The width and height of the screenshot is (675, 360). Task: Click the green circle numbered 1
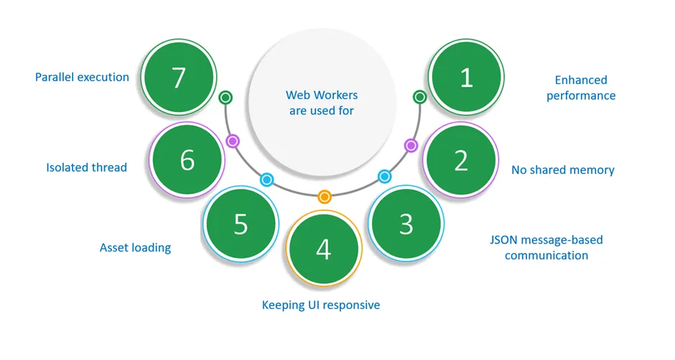pyautogui.click(x=466, y=78)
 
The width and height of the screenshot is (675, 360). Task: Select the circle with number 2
pyautogui.click(x=461, y=161)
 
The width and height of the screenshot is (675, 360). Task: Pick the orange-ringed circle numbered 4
pyautogui.click(x=324, y=249)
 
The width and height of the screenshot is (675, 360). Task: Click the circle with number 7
pyautogui.click(x=180, y=78)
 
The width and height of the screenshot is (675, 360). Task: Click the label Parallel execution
pyautogui.click(x=82, y=77)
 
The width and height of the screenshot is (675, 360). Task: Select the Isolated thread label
pyautogui.click(x=86, y=167)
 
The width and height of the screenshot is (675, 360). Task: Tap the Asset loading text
pyautogui.click(x=135, y=248)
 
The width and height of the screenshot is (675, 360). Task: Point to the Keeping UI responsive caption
pyautogui.click(x=320, y=305)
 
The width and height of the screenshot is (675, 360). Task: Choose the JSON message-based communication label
pyautogui.click(x=546, y=247)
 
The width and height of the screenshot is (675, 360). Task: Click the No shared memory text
pyautogui.click(x=562, y=170)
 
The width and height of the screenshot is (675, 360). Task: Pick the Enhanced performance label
pyautogui.click(x=581, y=88)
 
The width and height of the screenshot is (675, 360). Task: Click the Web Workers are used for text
pyautogui.click(x=321, y=103)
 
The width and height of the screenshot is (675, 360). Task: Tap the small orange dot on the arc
pyautogui.click(x=324, y=195)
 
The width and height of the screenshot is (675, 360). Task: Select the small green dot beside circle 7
pyautogui.click(x=225, y=97)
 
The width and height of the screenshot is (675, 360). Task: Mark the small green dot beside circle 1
pyautogui.click(x=420, y=97)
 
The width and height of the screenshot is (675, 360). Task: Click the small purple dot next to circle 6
pyautogui.click(x=232, y=141)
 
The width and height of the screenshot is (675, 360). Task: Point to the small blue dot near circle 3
pyautogui.click(x=384, y=176)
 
